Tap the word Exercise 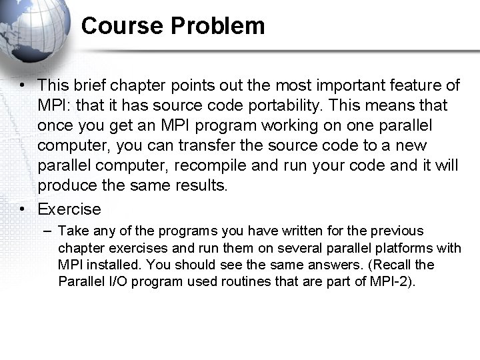pos(69,209)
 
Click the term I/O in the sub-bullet pos(109,281)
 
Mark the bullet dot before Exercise pos(23,209)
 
